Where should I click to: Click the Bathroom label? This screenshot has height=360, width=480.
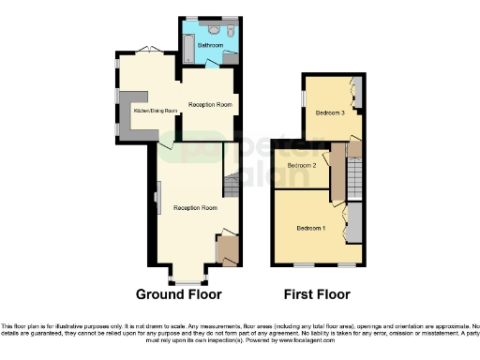click(x=210, y=45)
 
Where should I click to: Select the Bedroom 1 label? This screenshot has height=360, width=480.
click(x=311, y=229)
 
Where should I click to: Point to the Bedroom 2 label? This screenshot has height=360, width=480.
click(x=301, y=166)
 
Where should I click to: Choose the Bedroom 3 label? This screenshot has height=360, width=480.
click(x=329, y=112)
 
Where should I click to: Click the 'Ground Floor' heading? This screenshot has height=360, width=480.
click(x=179, y=294)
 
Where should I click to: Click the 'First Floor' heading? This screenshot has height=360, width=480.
click(x=317, y=294)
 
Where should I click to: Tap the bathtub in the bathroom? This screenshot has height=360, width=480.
click(x=187, y=45)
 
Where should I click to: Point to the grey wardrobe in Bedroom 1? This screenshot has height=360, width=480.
click(x=355, y=223)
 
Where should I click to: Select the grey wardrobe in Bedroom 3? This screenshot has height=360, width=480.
click(x=356, y=95)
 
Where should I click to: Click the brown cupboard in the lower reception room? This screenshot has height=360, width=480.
click(x=226, y=249)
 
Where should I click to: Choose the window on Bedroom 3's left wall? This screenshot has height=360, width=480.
click(x=302, y=97)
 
